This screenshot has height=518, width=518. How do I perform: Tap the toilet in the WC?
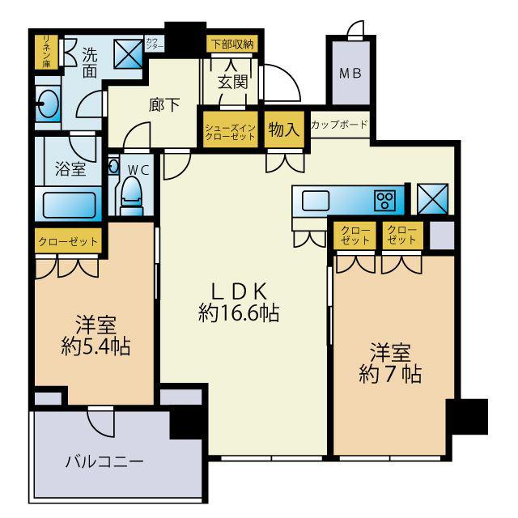[x=131, y=194]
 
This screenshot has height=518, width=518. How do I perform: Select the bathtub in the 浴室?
[x=70, y=203]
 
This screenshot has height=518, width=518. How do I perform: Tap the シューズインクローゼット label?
[x=230, y=131]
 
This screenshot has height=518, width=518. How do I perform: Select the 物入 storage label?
[x=283, y=129]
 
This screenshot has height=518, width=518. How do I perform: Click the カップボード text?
[x=339, y=125]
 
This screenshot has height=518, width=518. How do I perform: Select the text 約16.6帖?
[x=239, y=313]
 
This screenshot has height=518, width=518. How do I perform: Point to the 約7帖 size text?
[x=391, y=375]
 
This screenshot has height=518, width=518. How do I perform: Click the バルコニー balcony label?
[x=104, y=463]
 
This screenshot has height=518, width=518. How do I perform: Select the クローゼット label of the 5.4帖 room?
[x=69, y=241]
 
